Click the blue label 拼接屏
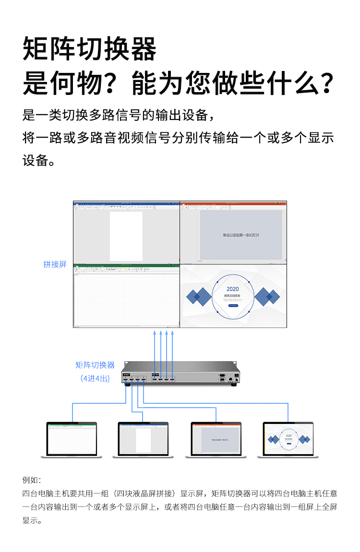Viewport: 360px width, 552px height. point(55,264)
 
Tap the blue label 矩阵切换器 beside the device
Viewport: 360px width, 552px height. point(95,365)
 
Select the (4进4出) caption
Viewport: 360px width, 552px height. point(95,378)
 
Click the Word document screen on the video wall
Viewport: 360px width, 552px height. point(126,232)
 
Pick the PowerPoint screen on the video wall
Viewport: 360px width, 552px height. point(233,232)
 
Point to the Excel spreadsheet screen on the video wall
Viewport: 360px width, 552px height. point(126,296)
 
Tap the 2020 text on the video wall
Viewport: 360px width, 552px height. point(232,289)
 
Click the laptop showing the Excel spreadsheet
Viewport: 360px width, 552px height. point(72,439)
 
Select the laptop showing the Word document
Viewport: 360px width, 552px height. point(143,439)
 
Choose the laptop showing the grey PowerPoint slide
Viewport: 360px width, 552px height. point(216,439)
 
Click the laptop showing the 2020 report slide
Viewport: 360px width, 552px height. point(288,439)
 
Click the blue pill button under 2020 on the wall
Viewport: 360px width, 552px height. point(233,305)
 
